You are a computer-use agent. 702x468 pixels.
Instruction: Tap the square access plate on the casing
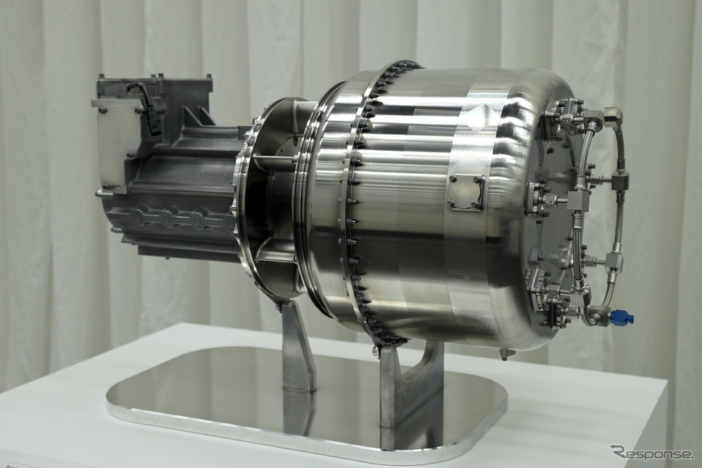point(468,192)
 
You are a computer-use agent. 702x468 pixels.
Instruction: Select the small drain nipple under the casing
point(505,354)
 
